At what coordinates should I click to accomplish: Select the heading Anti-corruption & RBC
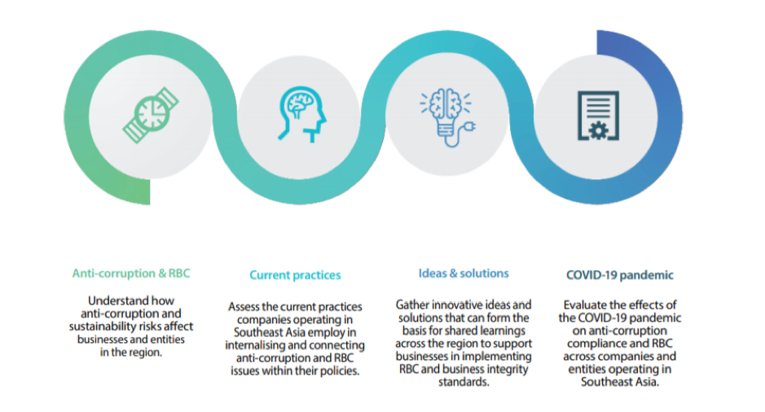pyautogui.click(x=131, y=274)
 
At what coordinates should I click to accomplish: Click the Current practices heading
pyautogui.click(x=295, y=275)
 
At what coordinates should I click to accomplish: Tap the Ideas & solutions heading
pyautogui.click(x=464, y=273)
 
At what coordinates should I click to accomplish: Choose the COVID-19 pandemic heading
pyautogui.click(x=620, y=275)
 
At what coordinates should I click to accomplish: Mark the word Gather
pyautogui.click(x=414, y=305)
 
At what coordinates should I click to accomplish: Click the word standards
pyautogui.click(x=464, y=383)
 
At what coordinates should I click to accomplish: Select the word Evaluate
pyautogui.click(x=584, y=305)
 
